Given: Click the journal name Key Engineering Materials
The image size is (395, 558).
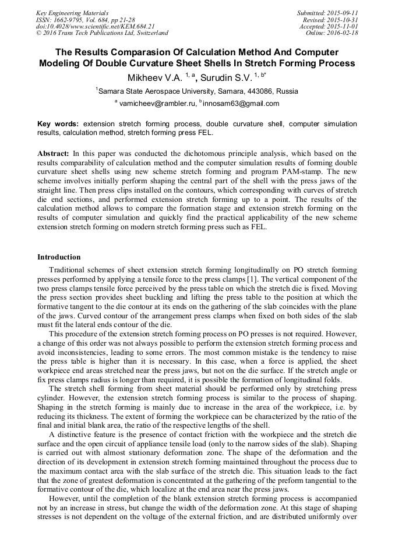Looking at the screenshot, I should click(72, 13).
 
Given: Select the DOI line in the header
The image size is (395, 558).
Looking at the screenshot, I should click(95, 26).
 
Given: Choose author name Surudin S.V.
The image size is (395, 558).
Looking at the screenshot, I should click(228, 77).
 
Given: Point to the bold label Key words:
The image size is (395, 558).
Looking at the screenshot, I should click(58, 124).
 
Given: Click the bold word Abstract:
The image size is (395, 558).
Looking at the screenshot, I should click(54, 154).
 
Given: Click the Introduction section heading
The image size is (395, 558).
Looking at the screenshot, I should click(59, 257).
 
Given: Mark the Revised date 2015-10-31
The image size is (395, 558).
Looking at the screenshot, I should click(343, 20).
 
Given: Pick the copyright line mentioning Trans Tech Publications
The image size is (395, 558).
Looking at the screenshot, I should click(102, 33).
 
